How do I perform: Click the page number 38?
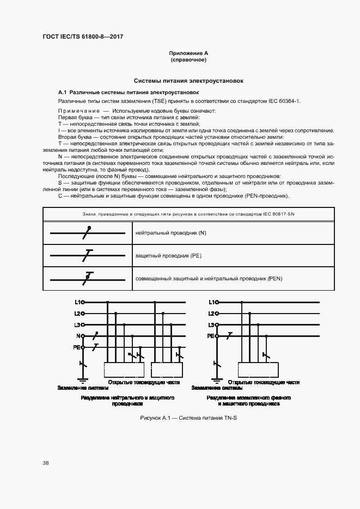click(x=45, y=463)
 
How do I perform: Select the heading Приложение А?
click(x=188, y=53)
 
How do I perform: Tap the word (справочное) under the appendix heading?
click(x=188, y=60)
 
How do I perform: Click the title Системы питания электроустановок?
click(x=188, y=81)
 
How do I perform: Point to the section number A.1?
click(x=62, y=92)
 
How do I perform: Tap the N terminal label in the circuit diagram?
click(x=78, y=336)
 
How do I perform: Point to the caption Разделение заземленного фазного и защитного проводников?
click(x=248, y=401)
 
